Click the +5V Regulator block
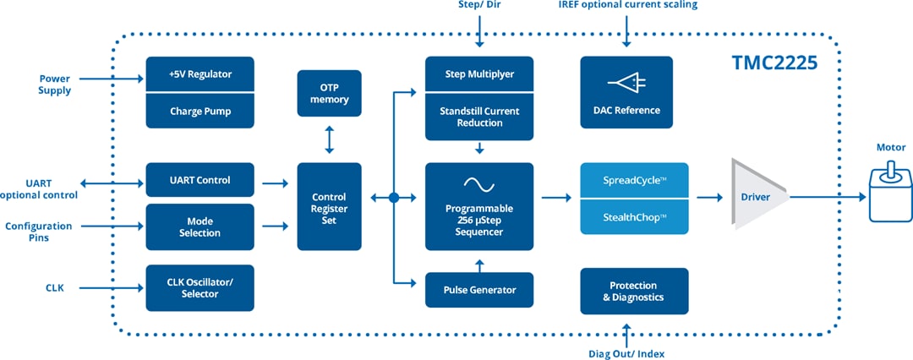point(200,74)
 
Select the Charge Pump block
point(200,111)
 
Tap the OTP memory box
point(329,93)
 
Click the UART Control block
point(200,180)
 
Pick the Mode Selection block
point(200,226)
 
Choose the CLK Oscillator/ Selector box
point(200,287)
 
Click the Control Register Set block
point(329,206)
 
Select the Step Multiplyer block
point(479,74)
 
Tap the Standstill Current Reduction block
point(479,117)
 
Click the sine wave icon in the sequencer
point(479,183)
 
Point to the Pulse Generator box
point(479,290)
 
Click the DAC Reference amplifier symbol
point(626,83)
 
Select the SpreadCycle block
point(634,181)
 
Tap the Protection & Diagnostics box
point(634,291)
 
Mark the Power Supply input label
point(55,85)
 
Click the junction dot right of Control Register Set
point(394,198)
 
